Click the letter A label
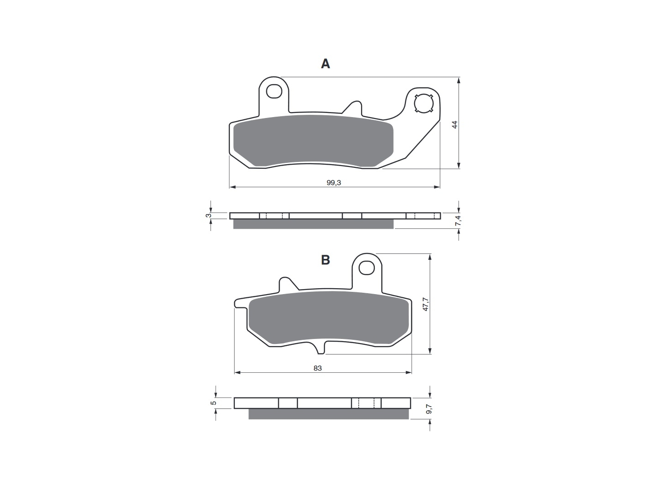pos(325,64)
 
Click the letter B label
pos(325,260)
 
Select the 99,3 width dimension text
pos(334,183)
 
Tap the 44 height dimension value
pos(455,124)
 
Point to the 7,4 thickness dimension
pos(458,220)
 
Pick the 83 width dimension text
pos(318,368)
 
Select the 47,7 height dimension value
pos(425,304)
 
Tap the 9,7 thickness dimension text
pos(429,409)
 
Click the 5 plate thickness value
pos(213,403)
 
